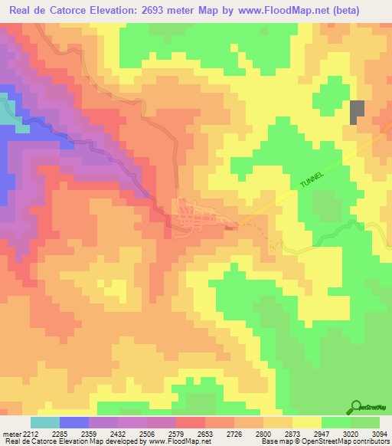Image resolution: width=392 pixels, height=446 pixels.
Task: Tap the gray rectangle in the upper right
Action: (357, 112)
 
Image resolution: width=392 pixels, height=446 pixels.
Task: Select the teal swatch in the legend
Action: (44, 422)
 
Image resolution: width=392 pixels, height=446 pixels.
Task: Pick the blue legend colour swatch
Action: (73, 422)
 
